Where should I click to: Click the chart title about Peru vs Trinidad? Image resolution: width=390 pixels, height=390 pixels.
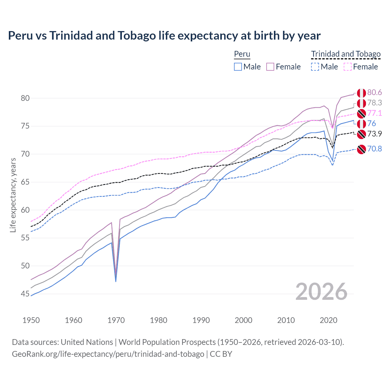point(164,36)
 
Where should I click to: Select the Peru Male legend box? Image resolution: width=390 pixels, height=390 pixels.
point(238,67)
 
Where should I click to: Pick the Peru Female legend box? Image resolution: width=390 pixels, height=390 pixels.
point(270,67)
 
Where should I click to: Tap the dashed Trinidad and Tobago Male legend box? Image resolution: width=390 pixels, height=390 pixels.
point(315,67)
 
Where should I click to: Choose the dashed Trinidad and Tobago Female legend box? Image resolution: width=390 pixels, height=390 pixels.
point(348,67)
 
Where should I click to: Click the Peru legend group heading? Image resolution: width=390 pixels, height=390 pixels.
point(242,54)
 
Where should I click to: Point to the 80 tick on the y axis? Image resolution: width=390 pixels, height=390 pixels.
point(25,98)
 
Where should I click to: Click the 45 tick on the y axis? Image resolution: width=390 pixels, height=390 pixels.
point(25,294)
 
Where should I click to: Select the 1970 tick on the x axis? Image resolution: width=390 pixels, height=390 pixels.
point(116,320)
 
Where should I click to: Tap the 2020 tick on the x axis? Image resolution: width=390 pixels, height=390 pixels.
point(328,320)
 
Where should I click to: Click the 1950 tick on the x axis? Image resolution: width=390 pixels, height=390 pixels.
point(31,320)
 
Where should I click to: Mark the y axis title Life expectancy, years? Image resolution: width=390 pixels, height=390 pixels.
point(13,195)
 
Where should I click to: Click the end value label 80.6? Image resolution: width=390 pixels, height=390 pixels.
point(374,93)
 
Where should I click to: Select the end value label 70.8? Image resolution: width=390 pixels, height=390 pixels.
point(374,149)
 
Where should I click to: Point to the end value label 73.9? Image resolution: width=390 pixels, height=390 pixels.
point(374,134)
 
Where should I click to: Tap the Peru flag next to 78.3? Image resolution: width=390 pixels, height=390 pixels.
point(361,103)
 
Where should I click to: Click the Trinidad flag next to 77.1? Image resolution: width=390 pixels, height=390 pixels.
point(361,114)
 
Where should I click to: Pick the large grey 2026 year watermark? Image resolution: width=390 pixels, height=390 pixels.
point(321,292)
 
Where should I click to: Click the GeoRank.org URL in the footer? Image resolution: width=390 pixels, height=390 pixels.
point(108,354)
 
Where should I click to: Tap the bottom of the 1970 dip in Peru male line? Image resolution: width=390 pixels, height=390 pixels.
point(116,281)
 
